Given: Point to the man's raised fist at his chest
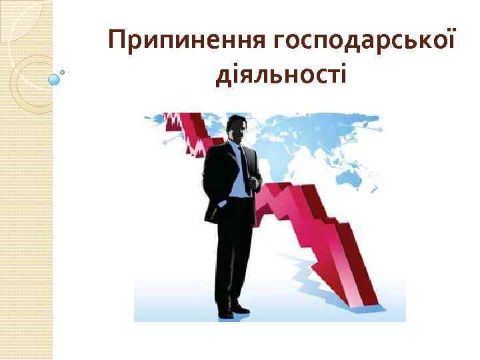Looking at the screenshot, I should pos(254,180).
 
